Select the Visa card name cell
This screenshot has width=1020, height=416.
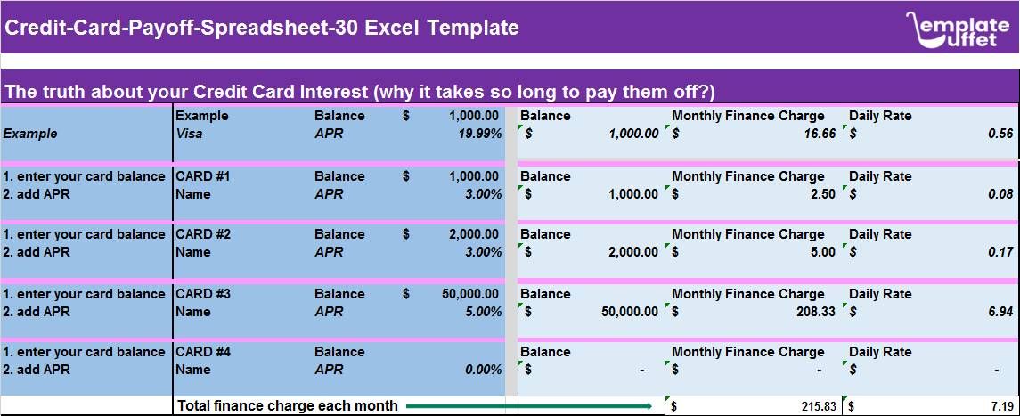[189, 134]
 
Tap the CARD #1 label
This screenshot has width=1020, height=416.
[203, 176]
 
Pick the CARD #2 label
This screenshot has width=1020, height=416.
[203, 234]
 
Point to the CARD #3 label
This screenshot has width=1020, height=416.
[203, 294]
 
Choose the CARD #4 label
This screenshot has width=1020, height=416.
[203, 352]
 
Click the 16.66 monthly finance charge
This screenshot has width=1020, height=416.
[819, 134]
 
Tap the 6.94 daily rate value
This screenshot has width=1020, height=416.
[1001, 312]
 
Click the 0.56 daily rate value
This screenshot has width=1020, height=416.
[1001, 134]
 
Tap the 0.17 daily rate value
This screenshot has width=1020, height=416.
[1001, 252]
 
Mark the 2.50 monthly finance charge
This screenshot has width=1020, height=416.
[822, 194]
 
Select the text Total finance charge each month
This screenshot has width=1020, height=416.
[287, 406]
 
